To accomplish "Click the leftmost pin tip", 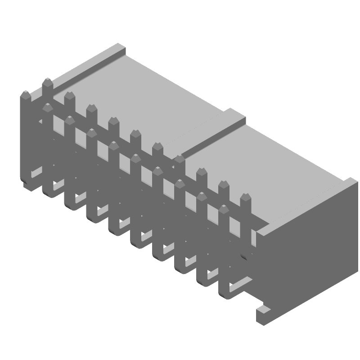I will tap(26, 94).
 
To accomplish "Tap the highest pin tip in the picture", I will tap(47, 82).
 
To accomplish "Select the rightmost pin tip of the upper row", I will tap(245, 197).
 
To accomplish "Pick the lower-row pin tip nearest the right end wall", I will tap(224, 209).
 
